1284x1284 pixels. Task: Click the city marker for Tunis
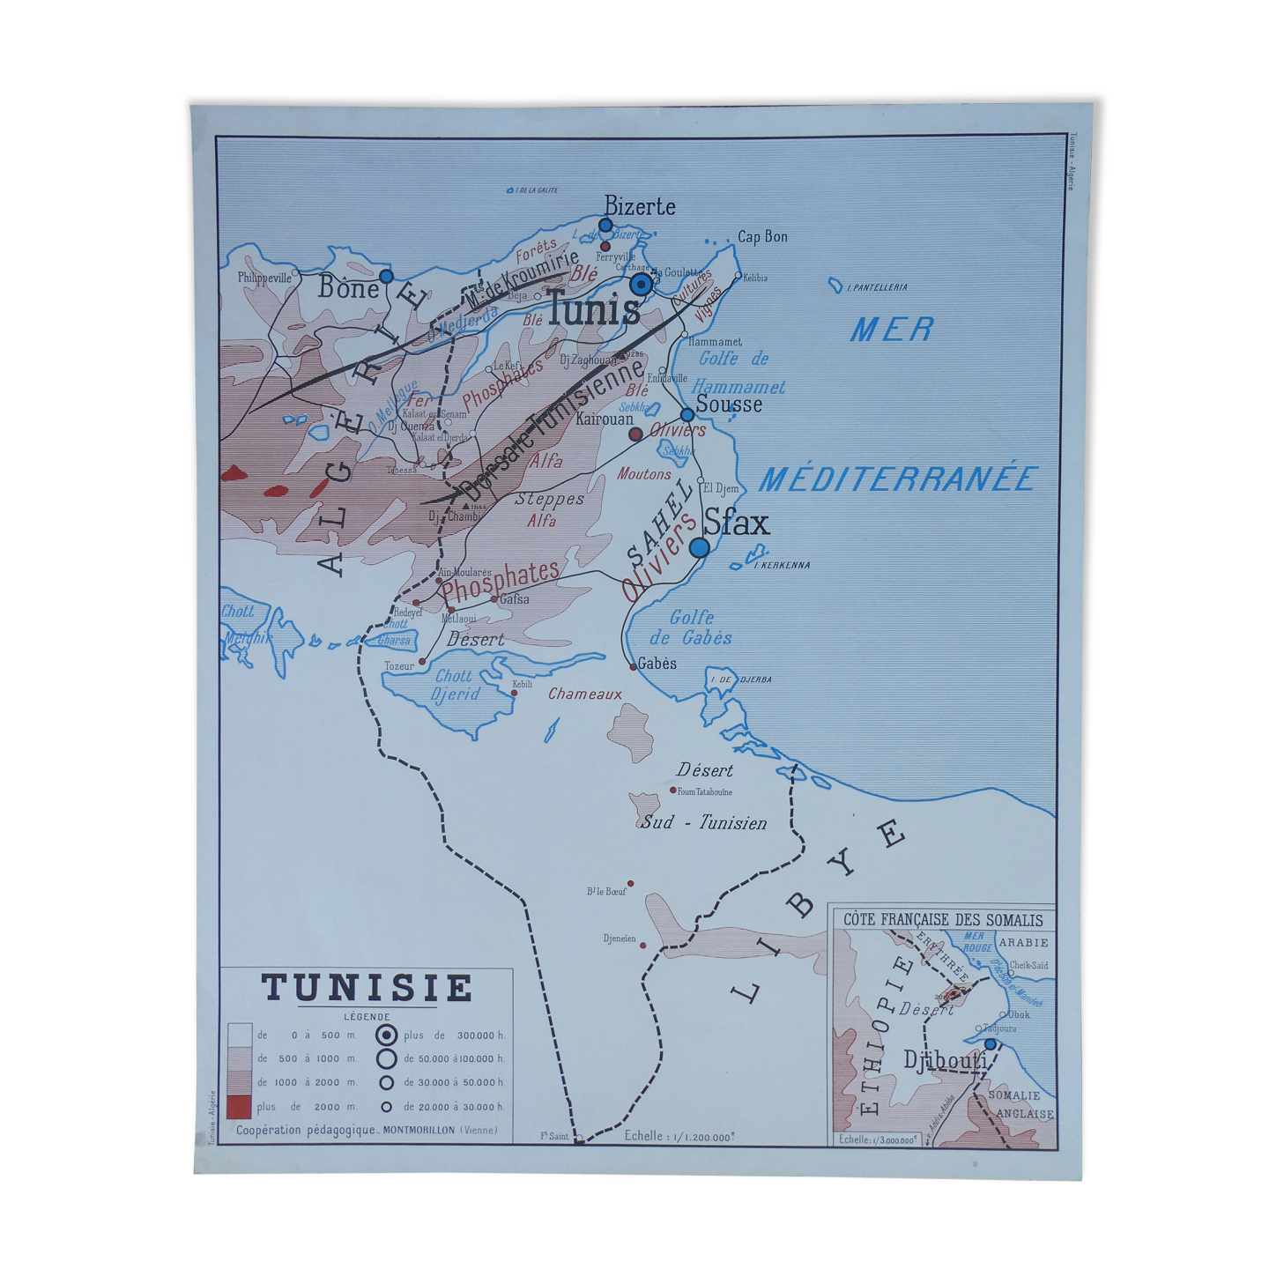(x=641, y=285)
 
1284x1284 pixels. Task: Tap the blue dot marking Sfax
(x=699, y=547)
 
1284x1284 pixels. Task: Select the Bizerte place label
(x=640, y=207)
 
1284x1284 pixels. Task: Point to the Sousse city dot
(x=687, y=415)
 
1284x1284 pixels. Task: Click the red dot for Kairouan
(x=635, y=434)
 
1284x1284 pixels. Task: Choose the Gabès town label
(x=657, y=664)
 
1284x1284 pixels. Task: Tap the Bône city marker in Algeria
(x=386, y=277)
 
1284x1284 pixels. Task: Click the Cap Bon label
(x=762, y=236)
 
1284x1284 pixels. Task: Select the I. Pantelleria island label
(x=876, y=287)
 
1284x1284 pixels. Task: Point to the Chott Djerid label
(x=455, y=685)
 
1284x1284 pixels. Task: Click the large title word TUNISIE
(x=367, y=988)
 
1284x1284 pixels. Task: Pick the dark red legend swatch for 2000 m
(x=239, y=1107)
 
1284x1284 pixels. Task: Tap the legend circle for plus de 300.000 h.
(x=387, y=1035)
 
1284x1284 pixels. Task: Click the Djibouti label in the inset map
(x=945, y=1061)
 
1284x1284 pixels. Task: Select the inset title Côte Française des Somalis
(x=943, y=920)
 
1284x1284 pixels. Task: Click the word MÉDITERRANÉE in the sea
(x=896, y=479)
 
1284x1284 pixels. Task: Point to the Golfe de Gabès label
(x=691, y=627)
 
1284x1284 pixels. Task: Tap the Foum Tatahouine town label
(x=704, y=791)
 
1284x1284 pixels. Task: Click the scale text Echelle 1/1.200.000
(x=679, y=1137)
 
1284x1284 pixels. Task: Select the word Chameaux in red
(x=585, y=694)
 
